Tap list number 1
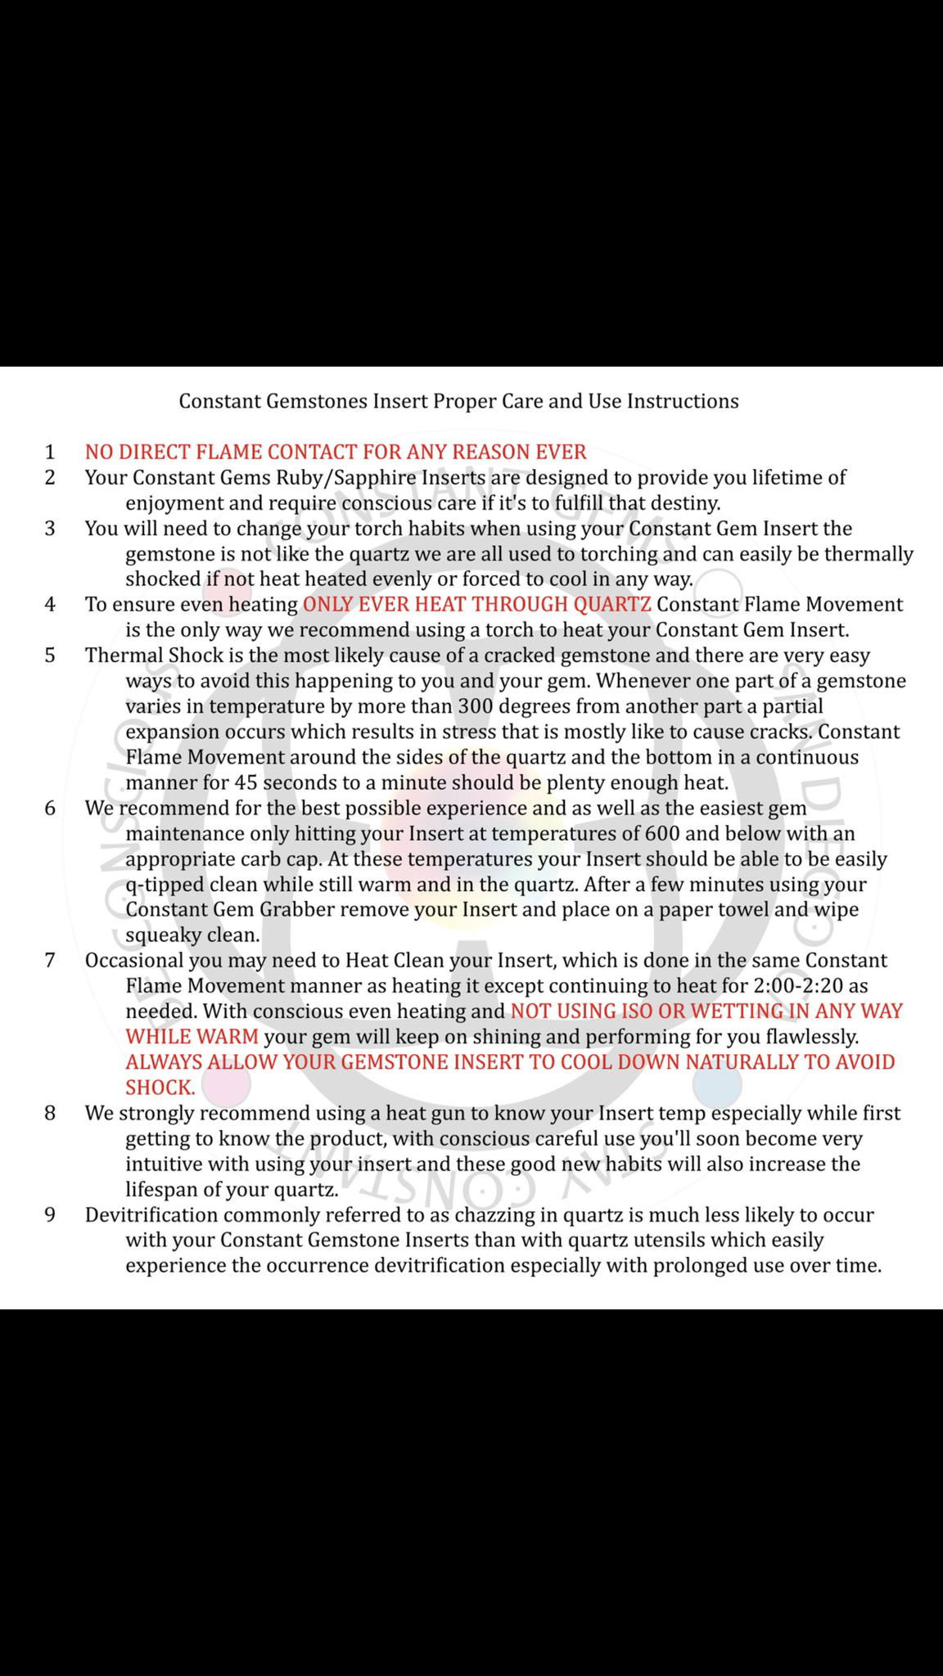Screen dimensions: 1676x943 point(50,452)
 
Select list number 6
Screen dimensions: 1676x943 point(50,808)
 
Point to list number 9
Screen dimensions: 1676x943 point(50,1214)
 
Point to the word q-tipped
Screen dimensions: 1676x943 point(165,885)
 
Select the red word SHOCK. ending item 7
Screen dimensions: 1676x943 point(160,1088)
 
